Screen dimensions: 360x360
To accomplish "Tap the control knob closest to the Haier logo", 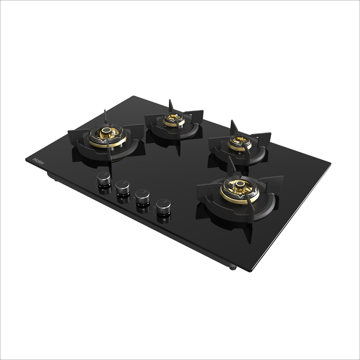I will click(x=104, y=178).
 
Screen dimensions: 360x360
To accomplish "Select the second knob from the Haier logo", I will click(x=122, y=186).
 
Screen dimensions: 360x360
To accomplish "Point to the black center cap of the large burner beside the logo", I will click(x=107, y=130).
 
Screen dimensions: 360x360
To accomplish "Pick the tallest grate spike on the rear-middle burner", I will click(x=171, y=105).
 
